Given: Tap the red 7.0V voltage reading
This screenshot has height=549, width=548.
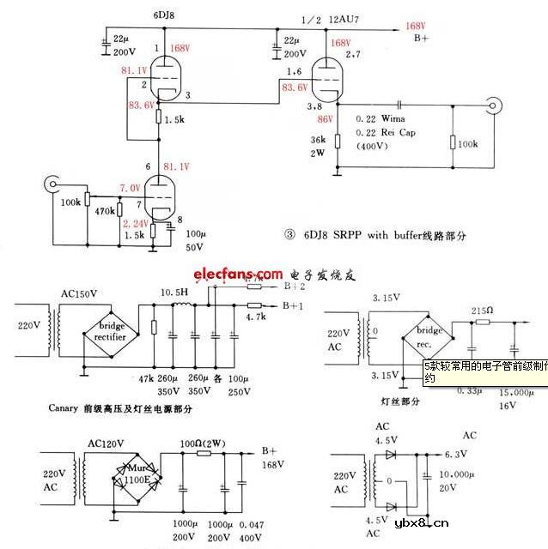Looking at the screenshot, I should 131,188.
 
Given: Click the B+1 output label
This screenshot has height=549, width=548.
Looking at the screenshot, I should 294,305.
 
